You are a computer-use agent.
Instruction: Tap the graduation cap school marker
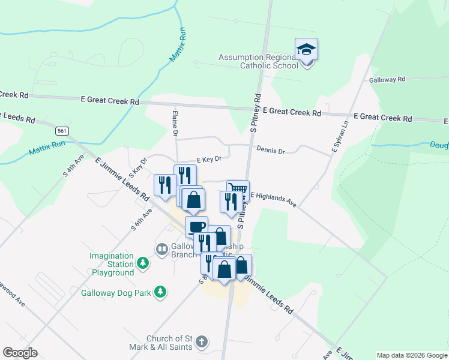306,49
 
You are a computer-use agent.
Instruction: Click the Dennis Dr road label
270,151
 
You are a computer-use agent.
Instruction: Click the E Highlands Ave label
274,199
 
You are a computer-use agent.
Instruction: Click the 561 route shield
62,130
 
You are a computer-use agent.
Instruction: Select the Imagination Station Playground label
112,264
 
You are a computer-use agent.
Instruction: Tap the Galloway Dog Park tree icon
160,292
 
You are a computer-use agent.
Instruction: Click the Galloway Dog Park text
116,293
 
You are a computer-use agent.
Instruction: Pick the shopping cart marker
238,190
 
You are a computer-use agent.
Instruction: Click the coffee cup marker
196,226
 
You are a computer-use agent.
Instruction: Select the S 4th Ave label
73,165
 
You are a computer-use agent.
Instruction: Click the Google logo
20,353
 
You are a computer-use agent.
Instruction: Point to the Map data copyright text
411,355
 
